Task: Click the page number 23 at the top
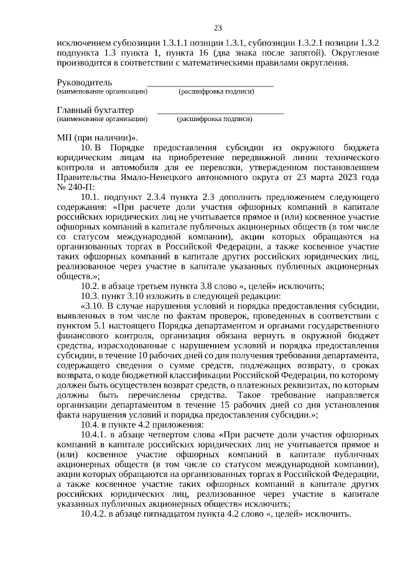[218, 28]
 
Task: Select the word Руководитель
[85, 82]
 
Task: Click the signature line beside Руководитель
[210, 84]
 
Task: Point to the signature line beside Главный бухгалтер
[220, 112]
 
